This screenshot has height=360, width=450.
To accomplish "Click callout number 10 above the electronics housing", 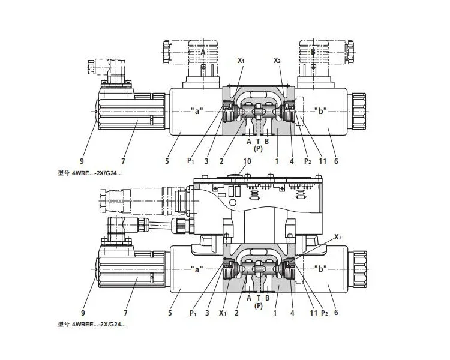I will (x=247, y=162).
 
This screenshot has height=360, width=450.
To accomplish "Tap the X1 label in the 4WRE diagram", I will (x=241, y=61).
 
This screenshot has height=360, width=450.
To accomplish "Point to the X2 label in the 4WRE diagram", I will (x=277, y=61).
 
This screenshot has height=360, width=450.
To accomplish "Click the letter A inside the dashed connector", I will (x=203, y=53).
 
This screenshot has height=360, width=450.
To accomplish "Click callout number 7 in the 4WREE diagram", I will (x=125, y=313).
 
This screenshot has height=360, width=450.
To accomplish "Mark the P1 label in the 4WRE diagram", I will (x=190, y=161).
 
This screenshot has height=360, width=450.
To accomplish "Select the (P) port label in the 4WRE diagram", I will (x=258, y=148).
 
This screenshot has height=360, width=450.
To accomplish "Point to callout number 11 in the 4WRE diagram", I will (x=322, y=161).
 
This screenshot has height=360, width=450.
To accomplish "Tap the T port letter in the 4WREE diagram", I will (x=258, y=297).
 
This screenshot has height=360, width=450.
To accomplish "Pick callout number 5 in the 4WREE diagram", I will (x=169, y=313).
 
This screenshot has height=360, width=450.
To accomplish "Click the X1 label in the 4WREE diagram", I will (x=224, y=313).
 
